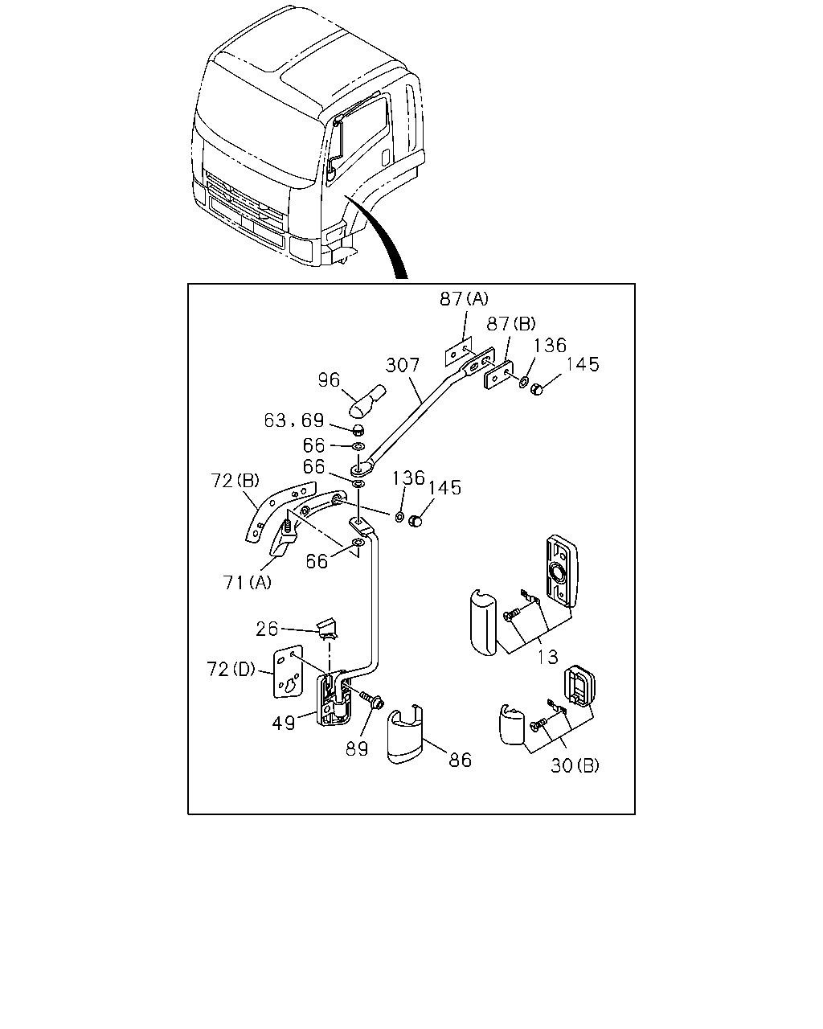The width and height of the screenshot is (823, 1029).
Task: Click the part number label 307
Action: (x=403, y=366)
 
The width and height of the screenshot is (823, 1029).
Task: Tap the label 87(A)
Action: (x=464, y=299)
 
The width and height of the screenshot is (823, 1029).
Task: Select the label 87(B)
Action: (x=510, y=324)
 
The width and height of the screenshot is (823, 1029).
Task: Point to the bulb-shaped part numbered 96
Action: (x=368, y=400)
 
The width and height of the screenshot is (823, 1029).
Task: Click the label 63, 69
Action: (x=294, y=420)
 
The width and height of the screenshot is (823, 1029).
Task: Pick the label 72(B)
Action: (x=235, y=481)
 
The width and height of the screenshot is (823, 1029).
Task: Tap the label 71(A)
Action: (x=248, y=582)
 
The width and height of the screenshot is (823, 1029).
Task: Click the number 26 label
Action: (x=267, y=629)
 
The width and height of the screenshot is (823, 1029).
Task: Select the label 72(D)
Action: (x=231, y=670)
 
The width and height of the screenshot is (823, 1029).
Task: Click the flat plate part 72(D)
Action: (x=289, y=672)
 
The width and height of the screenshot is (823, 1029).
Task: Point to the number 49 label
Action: (x=283, y=724)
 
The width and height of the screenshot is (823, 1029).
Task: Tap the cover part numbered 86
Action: (x=404, y=734)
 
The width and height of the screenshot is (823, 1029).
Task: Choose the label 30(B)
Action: (x=575, y=765)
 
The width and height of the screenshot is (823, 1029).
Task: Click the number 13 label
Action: (x=547, y=657)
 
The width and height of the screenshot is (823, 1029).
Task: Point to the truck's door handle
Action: (x=386, y=158)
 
